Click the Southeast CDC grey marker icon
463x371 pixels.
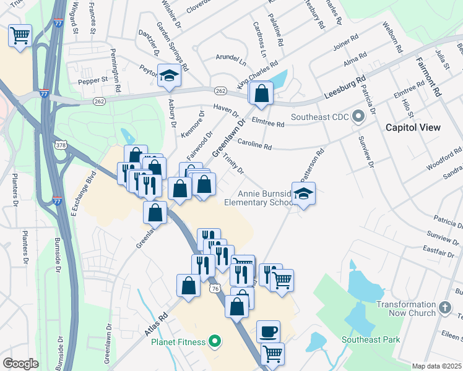tap(358, 116)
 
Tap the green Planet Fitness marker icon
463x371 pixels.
tap(215, 339)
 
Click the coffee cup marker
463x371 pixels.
tap(268, 331)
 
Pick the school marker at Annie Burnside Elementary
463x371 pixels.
tap(303, 194)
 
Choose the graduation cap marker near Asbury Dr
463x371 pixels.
tap(168, 75)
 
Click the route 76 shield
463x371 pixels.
tap(215, 288)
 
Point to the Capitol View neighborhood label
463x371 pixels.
tap(413, 127)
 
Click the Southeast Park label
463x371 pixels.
tap(371, 339)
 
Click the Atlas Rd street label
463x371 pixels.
tap(155, 325)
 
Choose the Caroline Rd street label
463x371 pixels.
tap(254, 143)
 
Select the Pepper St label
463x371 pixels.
tap(92, 80)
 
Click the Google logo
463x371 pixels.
tap(20, 363)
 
